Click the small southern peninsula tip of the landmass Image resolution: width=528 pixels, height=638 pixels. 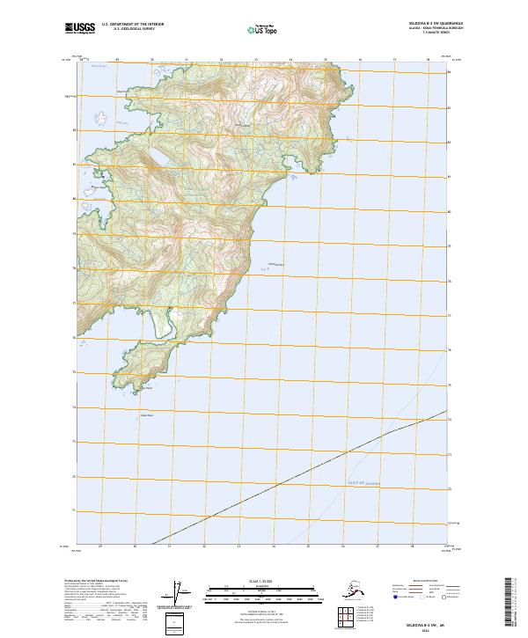(132, 383)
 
